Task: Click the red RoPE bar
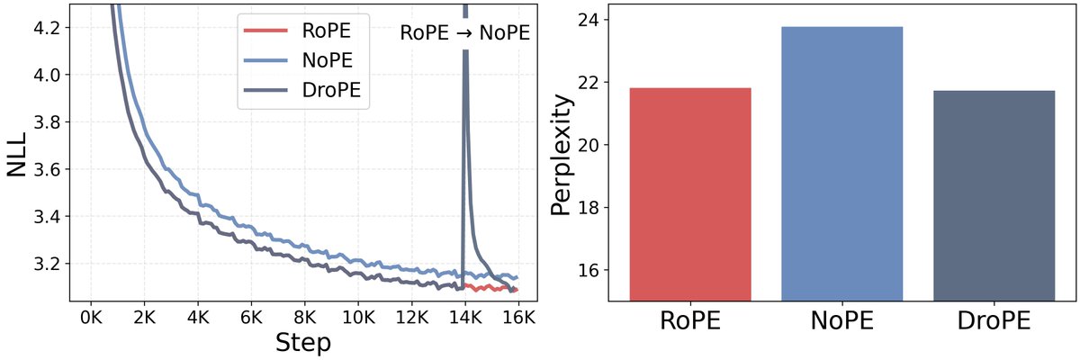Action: point(690,193)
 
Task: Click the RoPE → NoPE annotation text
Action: point(463,34)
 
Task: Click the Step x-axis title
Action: point(304,343)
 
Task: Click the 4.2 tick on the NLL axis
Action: point(51,28)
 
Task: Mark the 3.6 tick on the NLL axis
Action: point(51,169)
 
